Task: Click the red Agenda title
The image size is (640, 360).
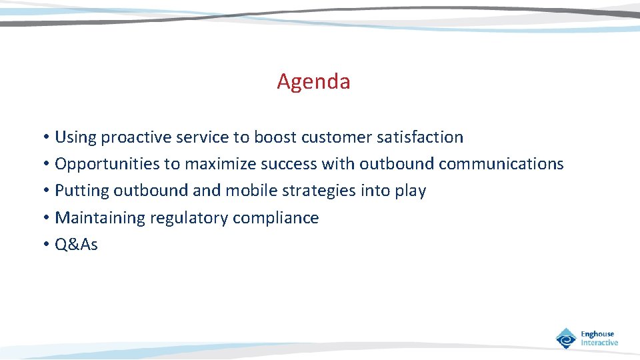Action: [313, 82]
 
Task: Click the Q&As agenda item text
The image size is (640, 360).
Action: [76, 245]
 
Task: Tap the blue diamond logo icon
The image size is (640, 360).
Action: [566, 338]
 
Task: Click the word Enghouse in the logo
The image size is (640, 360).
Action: [597, 334]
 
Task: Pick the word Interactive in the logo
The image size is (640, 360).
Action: [599, 343]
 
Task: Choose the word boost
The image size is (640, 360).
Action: [275, 137]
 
